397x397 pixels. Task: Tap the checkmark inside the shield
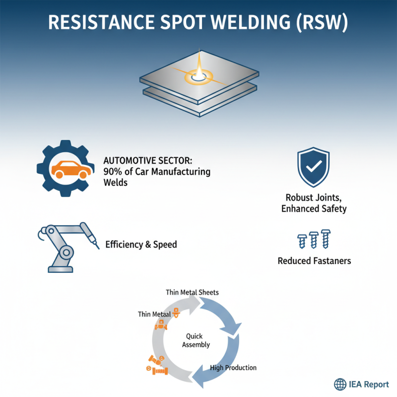[313, 167]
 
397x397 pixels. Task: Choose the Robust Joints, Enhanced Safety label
[314, 202]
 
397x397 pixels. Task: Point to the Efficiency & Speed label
[141, 245]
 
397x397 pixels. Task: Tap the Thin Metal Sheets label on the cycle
[192, 292]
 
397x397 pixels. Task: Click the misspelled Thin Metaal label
[154, 314]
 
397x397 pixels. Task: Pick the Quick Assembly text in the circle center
[196, 340]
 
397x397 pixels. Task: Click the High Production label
[233, 368]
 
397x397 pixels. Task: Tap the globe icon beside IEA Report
[340, 384]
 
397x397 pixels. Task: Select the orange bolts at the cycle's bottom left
[157, 366]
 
